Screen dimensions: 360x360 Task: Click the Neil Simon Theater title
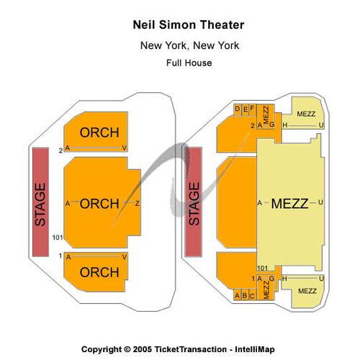coord(189,25)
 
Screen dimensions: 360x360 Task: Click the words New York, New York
coord(189,45)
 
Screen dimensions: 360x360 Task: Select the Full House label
coord(189,63)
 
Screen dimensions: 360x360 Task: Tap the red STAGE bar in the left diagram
coord(40,202)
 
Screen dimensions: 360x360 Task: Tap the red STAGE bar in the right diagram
coord(194,202)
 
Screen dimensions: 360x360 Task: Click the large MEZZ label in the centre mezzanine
coord(289,204)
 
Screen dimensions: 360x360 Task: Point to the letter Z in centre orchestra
coord(137,204)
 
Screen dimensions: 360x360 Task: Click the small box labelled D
coord(238,109)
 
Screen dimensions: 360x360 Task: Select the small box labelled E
coord(246,109)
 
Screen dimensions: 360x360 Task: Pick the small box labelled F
coord(253,109)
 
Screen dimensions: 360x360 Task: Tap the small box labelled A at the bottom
coord(237,294)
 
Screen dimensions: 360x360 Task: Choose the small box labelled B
coord(245,294)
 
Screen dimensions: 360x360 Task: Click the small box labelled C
coord(252,294)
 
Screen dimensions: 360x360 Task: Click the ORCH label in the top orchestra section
coord(99,132)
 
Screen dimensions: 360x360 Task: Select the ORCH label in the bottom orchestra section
coord(99,272)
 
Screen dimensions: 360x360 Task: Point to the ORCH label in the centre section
coord(99,204)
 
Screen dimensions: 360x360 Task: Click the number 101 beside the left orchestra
coord(58,238)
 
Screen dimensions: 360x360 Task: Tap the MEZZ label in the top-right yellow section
coord(306,114)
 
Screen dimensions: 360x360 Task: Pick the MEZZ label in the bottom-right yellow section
coord(307,291)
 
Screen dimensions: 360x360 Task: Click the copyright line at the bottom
coord(178,349)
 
